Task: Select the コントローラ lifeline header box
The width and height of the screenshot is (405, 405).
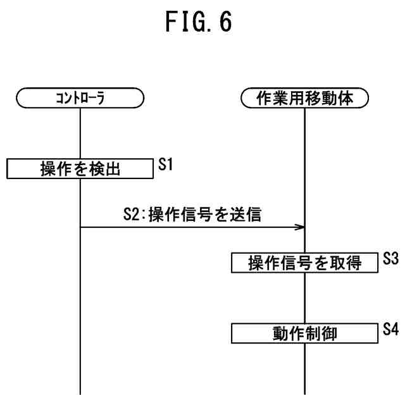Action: pyautogui.click(x=80, y=98)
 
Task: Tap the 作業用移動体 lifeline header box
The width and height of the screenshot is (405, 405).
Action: pyautogui.click(x=305, y=98)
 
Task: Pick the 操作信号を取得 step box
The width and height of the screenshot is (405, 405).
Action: pyautogui.click(x=305, y=263)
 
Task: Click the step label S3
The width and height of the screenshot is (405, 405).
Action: pyautogui.click(x=390, y=259)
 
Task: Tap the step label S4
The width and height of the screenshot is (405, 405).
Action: pyautogui.click(x=390, y=329)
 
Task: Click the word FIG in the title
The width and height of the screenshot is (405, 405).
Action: pyautogui.click(x=180, y=23)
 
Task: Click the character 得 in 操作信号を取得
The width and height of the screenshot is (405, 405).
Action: pyautogui.click(x=354, y=264)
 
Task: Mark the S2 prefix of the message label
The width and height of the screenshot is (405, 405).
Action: pyautogui.click(x=131, y=215)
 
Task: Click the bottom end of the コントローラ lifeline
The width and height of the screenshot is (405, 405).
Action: pyautogui.click(x=80, y=392)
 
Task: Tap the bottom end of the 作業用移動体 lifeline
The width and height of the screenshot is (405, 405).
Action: pyautogui.click(x=305, y=392)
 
